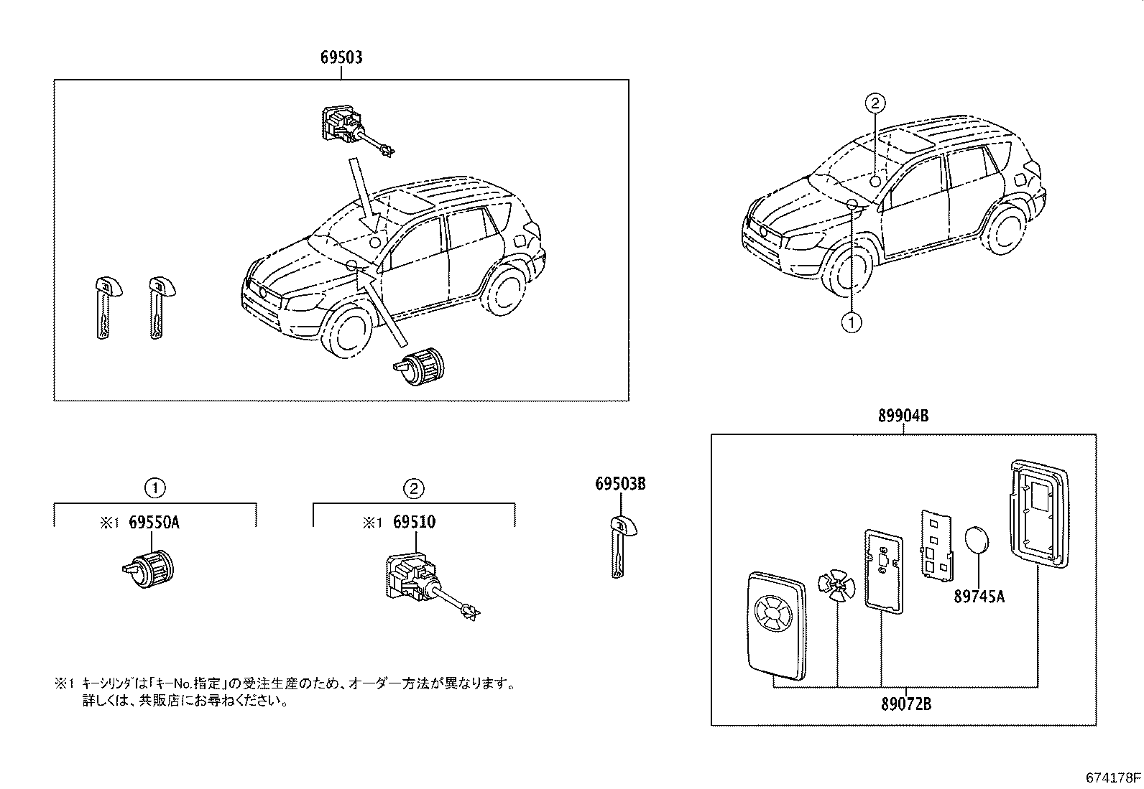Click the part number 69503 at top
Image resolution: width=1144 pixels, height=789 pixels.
pos(341,57)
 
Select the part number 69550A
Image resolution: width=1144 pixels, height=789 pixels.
pos(154,523)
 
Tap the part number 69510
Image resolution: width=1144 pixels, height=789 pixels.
pos(413,523)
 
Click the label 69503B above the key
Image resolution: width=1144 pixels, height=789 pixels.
pos(620,485)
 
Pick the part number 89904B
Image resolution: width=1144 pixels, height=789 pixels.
pos(903,415)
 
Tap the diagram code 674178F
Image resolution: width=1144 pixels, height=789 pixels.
pos(1113,778)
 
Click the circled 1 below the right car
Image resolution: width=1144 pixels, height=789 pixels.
pos(852,323)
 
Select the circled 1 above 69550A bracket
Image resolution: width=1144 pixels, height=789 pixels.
pos(154,489)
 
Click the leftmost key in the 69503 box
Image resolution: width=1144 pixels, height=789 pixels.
pos(104,307)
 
